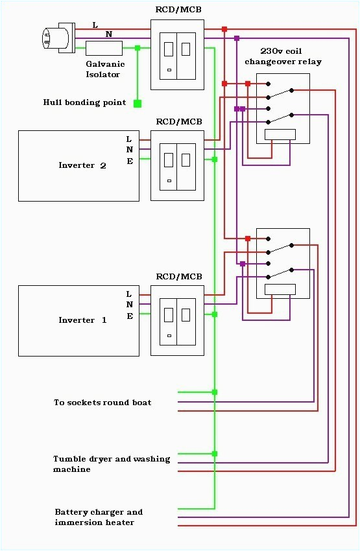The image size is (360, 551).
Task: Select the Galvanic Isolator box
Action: (x=104, y=48)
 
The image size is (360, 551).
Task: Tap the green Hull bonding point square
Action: (x=138, y=103)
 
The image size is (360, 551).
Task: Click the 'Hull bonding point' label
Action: (x=85, y=102)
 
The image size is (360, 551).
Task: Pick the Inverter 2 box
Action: (x=78, y=165)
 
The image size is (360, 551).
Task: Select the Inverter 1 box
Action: (x=78, y=320)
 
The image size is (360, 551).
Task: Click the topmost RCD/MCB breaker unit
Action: (x=177, y=54)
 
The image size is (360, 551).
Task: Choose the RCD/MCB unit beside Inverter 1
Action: (x=177, y=320)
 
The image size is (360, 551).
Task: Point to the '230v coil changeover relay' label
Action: (x=282, y=56)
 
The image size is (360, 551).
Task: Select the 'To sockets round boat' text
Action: (x=102, y=403)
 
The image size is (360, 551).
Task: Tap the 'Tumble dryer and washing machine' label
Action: (x=111, y=464)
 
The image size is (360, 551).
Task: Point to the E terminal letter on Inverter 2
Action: (x=129, y=161)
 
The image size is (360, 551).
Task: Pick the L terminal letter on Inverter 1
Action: (x=129, y=294)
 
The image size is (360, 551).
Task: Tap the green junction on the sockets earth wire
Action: (x=215, y=392)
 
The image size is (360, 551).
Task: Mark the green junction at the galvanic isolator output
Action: (x=138, y=48)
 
